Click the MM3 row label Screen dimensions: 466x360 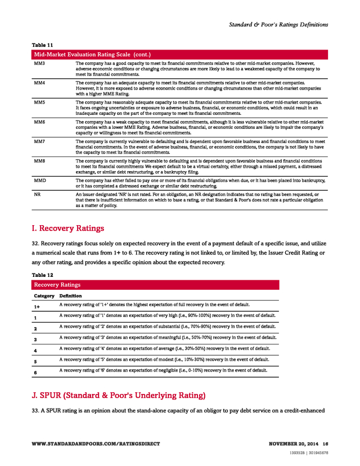coord(39,63)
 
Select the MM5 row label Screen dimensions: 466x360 coord(39,102)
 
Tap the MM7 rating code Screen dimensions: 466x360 coord(39,141)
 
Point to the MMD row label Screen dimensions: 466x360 coord(40,180)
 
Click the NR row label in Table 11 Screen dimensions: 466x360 coord(37,194)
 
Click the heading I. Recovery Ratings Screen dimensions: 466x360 coord(68,228)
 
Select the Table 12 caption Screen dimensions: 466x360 coord(42,275)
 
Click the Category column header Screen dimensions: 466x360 coord(44,295)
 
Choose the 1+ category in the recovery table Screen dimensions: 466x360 coord(37,307)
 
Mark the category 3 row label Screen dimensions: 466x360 coord(35,340)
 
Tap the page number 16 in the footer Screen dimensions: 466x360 coord(325,443)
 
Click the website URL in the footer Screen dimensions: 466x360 coord(96,443)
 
